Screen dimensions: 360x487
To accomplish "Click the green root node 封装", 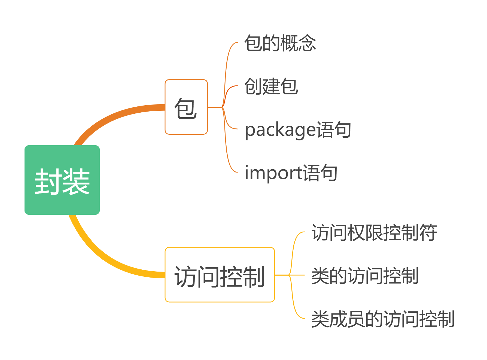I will pos(62,180).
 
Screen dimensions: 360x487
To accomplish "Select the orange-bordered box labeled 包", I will pos(186,107).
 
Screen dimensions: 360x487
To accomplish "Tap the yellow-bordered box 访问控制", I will pos(220,275).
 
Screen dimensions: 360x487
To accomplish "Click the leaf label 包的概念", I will pos(280,43).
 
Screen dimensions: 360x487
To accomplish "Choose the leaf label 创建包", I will pos(271,86).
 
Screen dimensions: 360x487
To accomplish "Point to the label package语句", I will pos(298,130).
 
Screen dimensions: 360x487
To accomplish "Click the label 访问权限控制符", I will pos(374,232).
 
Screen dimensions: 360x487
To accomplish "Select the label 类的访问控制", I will pos(365,276).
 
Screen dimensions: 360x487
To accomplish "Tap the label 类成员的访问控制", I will pos(383,319).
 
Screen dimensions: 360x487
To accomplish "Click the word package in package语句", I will pos(280,130).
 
